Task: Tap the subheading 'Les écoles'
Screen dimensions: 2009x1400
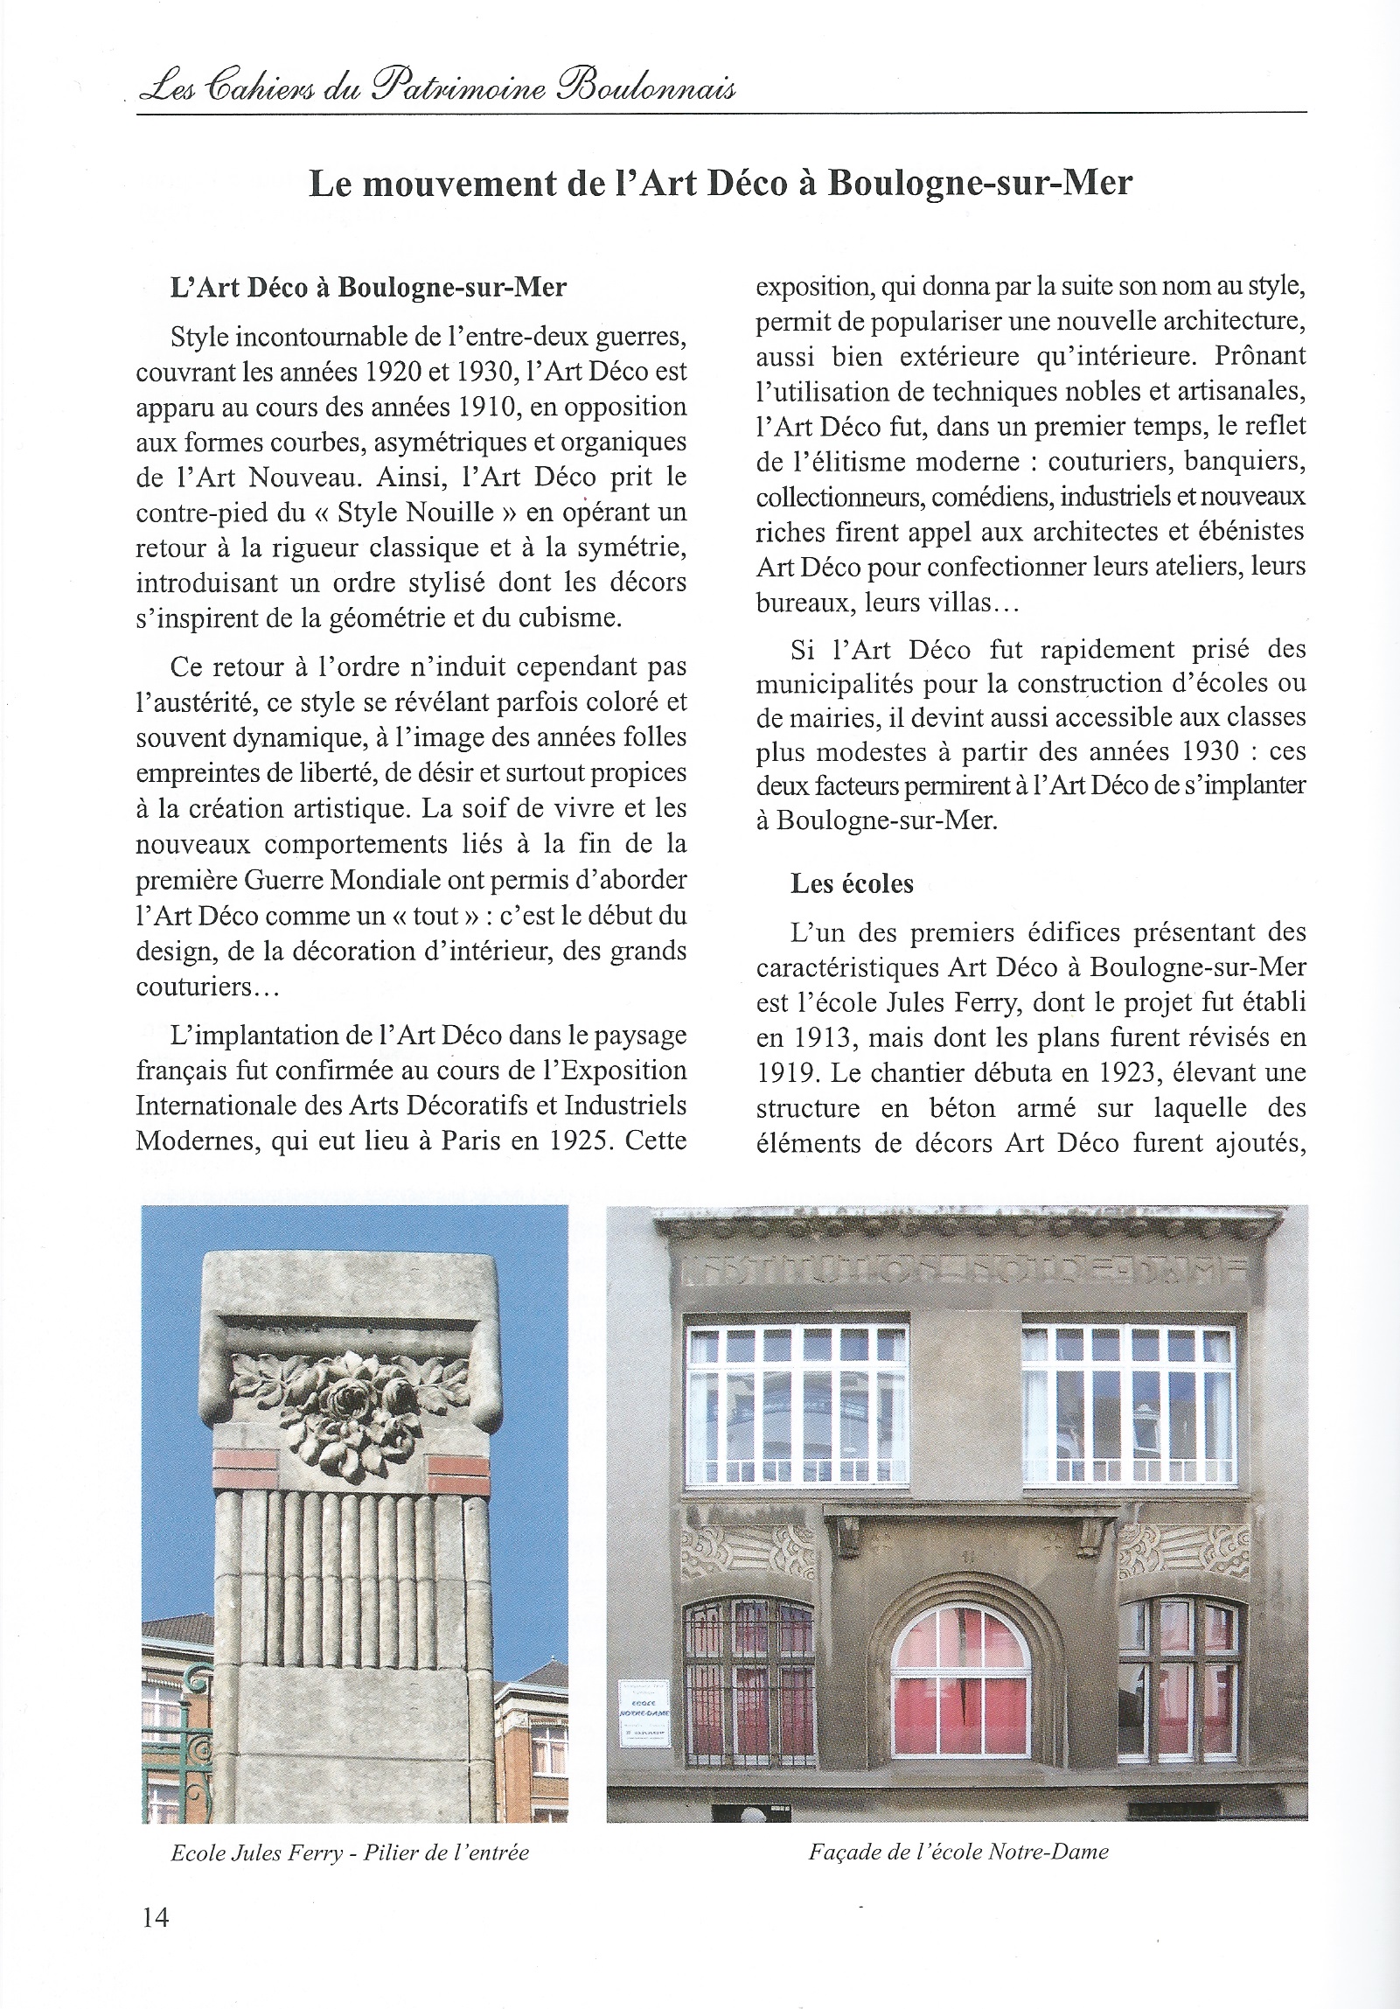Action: tap(852, 883)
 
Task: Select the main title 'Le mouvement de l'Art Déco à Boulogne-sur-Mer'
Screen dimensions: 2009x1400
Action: tap(721, 184)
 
